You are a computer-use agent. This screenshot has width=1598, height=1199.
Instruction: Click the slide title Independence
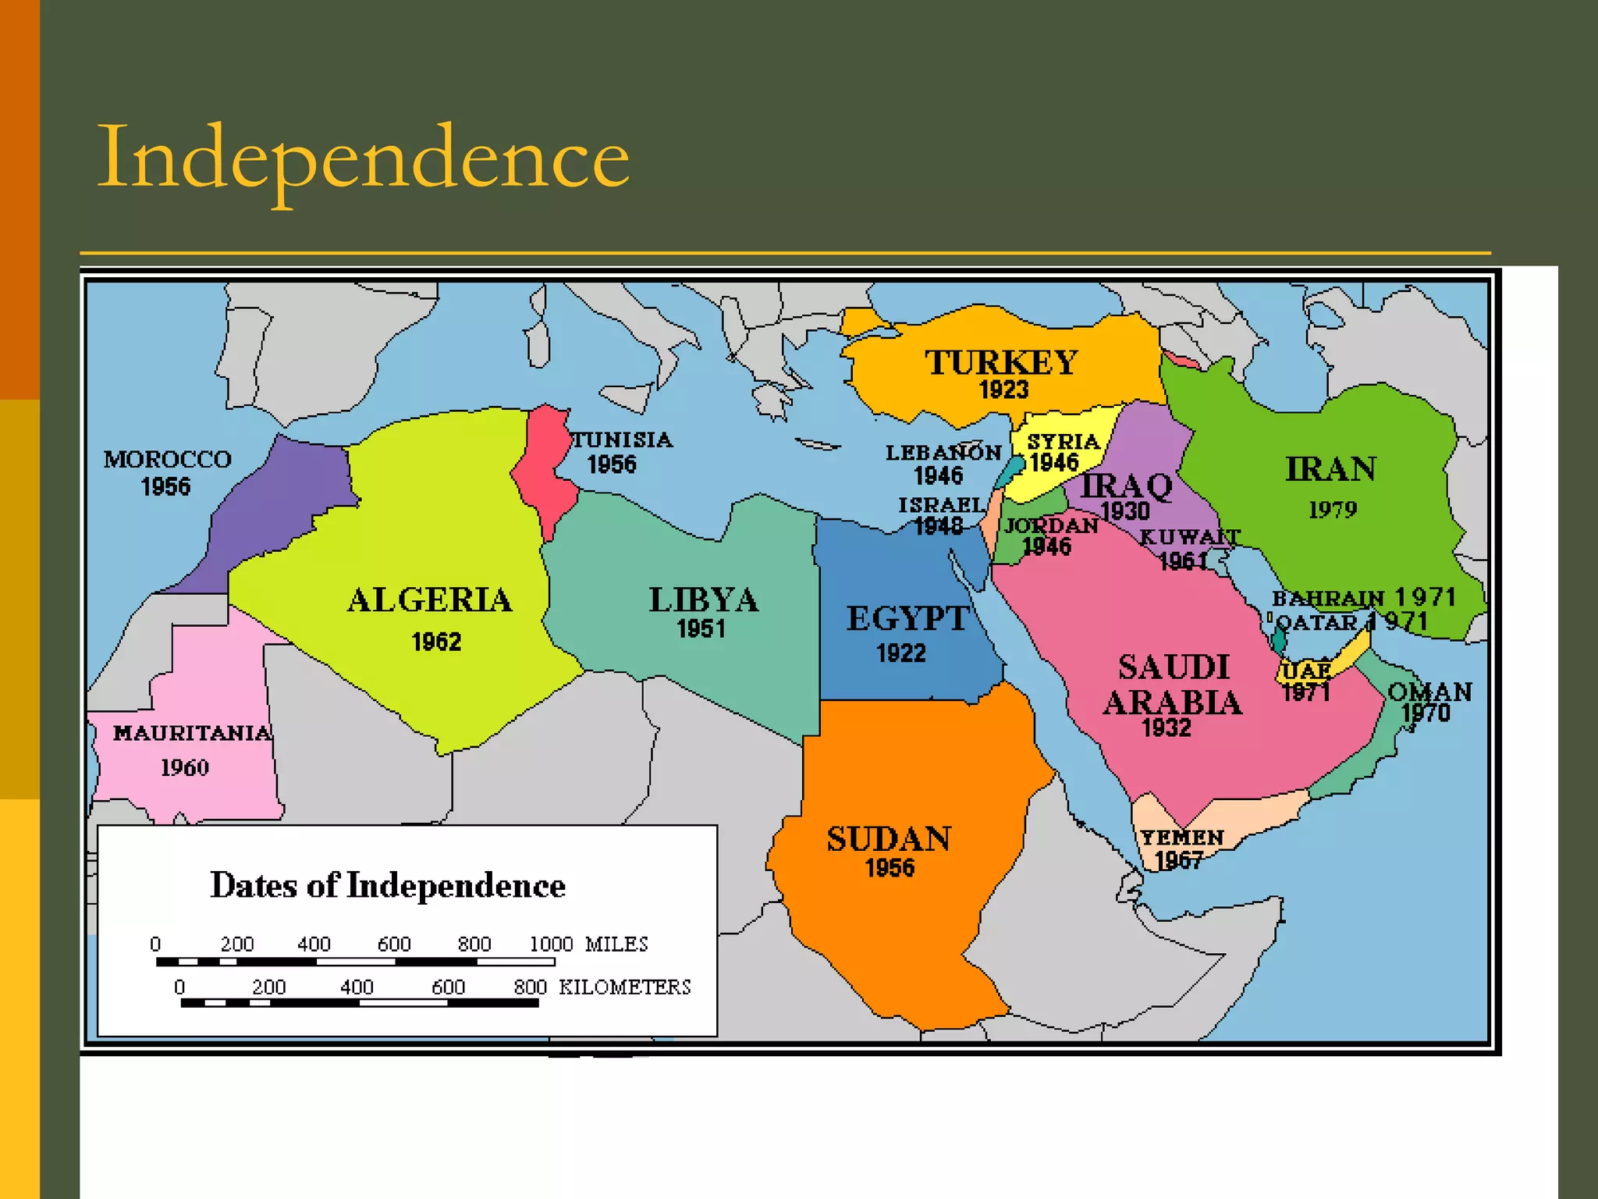coord(363,158)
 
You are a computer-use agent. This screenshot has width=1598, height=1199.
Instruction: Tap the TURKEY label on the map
coord(1002,363)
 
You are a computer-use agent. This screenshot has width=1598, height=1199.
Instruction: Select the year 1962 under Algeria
coord(436,642)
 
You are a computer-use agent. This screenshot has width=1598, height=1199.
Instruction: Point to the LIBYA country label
coord(703,600)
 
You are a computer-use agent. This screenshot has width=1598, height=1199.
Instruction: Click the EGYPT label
coord(907,619)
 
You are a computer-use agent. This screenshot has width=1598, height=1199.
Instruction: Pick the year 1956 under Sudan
coord(890,868)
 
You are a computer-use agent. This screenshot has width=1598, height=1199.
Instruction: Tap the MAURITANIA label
coord(192,733)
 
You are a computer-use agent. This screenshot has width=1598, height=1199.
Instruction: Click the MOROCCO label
coord(168,459)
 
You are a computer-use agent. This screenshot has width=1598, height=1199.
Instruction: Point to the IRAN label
coord(1331,469)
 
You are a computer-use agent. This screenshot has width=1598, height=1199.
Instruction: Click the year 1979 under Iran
coord(1333,510)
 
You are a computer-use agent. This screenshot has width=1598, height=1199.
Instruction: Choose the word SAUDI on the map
coord(1174,667)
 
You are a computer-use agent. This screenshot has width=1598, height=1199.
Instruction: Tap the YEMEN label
coord(1182,838)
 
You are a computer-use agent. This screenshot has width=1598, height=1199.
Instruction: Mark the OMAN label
coord(1429,692)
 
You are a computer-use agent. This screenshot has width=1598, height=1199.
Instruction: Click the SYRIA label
coord(1063,442)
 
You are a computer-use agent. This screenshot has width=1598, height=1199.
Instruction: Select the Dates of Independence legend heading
coord(388,885)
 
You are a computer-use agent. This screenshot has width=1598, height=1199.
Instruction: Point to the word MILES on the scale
coord(616,945)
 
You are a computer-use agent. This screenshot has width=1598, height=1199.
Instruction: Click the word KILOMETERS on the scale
coord(625,987)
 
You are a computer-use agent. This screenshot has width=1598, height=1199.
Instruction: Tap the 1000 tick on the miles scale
coord(551,945)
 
